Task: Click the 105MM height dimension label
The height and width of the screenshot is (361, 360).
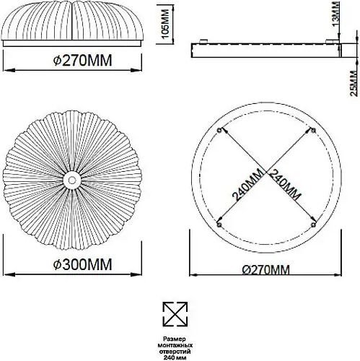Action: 166,24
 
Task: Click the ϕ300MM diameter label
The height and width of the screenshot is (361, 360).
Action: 82,264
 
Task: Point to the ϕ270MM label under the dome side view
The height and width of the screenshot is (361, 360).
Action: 82,61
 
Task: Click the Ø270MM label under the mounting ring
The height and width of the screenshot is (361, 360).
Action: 266,270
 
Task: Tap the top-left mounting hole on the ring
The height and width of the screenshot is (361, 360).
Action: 219,130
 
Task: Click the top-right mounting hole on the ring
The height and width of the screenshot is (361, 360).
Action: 313,130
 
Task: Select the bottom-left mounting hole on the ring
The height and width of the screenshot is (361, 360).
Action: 219,225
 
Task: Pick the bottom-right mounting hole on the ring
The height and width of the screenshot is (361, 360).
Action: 313,225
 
